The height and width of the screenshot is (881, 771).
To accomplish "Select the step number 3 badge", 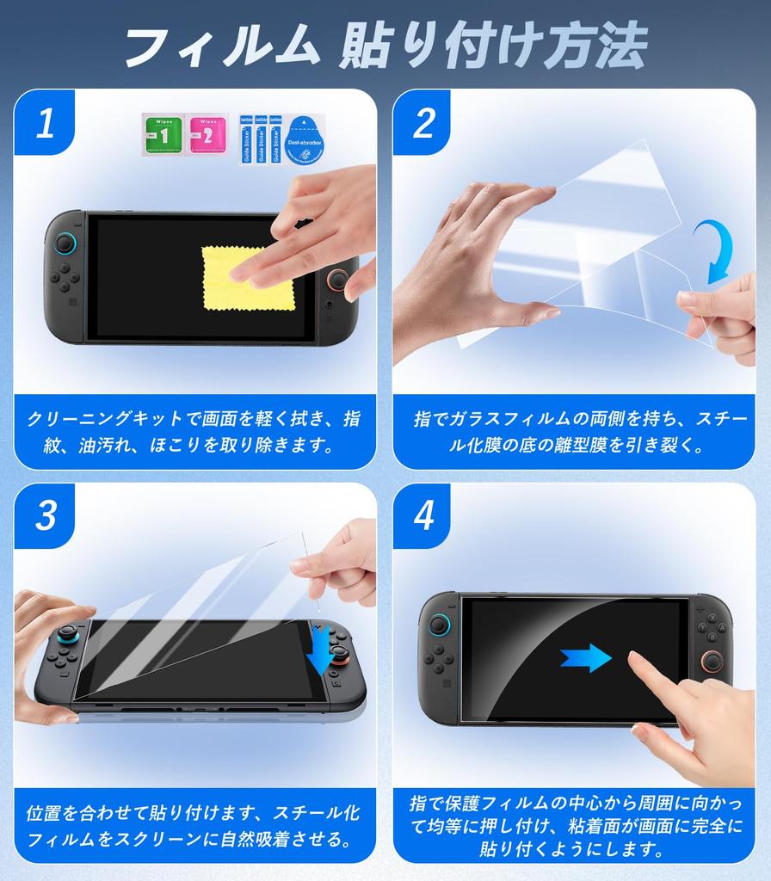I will tap(45, 515).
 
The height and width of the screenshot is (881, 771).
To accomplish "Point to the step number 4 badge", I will tap(423, 515).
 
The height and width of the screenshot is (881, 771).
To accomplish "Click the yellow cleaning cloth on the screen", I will tap(248, 278).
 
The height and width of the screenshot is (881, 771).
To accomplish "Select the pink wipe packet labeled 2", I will tap(207, 135).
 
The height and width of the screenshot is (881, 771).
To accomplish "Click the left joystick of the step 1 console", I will tap(65, 244).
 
